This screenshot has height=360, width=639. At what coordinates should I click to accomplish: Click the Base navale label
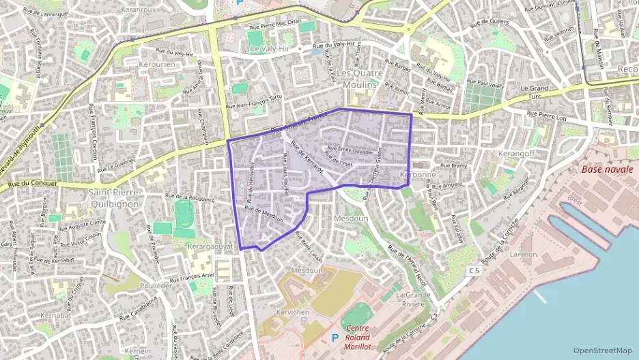[608, 169]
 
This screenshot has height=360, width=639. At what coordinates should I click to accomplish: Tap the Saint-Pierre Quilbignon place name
[114, 198]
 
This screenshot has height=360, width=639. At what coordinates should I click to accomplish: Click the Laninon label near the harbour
[524, 254]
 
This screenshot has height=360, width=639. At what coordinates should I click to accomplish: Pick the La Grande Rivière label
[413, 300]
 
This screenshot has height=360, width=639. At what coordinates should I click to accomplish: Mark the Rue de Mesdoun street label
[264, 214]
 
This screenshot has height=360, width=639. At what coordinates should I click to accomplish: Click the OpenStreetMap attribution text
[602, 350]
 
